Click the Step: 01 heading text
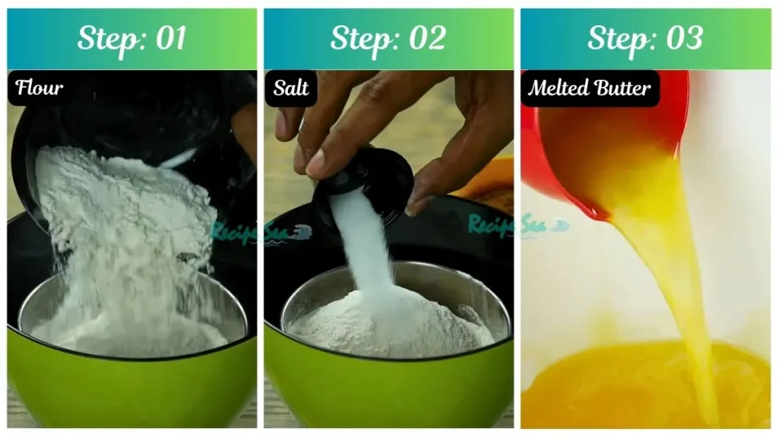pos(131,39)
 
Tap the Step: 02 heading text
pos(387,39)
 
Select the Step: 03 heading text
pos(644,39)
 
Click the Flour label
pos(40,87)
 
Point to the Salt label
pos(291,88)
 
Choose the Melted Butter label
pos(590,88)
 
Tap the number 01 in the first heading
pos(169,39)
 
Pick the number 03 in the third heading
pos(683,39)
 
